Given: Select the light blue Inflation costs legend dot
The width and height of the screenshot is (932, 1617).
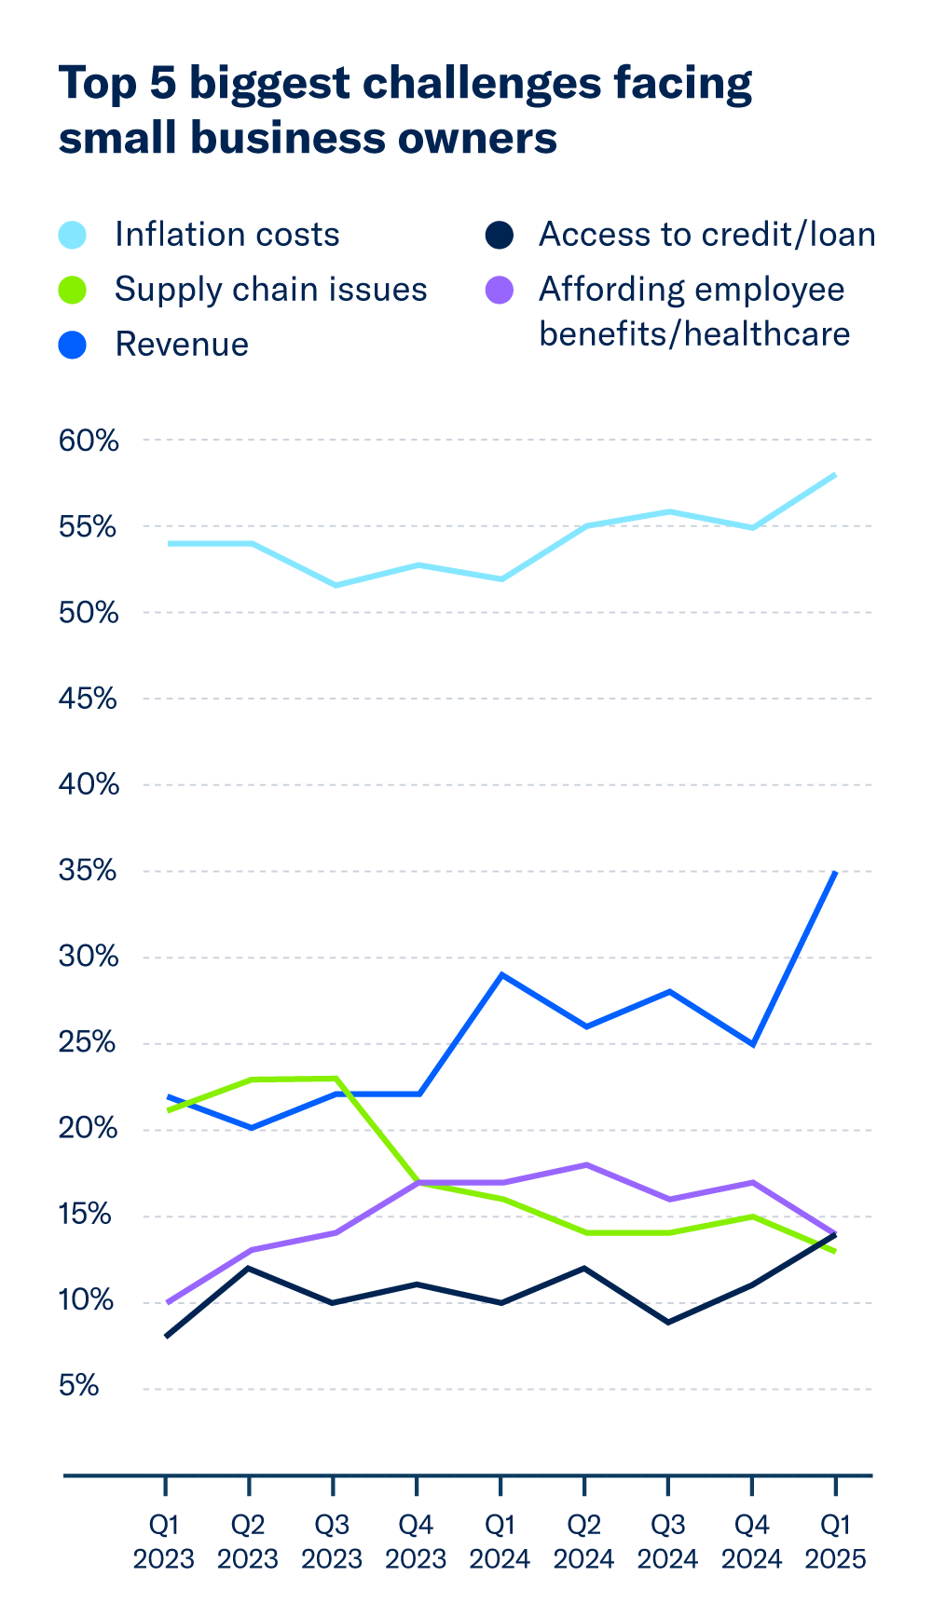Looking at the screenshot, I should [73, 235].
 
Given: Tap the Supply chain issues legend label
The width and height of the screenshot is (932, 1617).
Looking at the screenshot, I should [270, 290].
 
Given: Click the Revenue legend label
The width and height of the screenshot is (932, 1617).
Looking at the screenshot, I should [182, 345].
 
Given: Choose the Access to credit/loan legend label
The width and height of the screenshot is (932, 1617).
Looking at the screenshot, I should [706, 235].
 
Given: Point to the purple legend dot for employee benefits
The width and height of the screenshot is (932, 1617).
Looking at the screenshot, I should [500, 290].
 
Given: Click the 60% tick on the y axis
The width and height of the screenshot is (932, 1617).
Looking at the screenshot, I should [89, 441].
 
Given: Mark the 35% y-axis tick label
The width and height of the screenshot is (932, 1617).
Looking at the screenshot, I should [89, 871].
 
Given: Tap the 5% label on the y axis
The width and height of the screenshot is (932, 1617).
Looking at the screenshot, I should [79, 1386].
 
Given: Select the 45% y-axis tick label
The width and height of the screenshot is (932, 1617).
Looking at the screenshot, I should [89, 699].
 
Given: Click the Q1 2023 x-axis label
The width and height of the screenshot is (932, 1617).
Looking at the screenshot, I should [164, 1542].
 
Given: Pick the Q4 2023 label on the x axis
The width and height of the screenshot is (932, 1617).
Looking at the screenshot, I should [416, 1542].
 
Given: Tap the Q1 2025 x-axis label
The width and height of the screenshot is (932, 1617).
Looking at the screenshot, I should [835, 1542].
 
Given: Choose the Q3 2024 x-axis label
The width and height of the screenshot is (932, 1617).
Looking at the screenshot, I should [667, 1542].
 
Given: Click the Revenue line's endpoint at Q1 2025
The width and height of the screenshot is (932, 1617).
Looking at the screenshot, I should [835, 873].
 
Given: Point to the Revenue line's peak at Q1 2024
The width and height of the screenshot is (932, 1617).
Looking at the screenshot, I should [501, 974].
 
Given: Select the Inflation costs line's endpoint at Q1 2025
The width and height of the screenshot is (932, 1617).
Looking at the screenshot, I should [835, 475].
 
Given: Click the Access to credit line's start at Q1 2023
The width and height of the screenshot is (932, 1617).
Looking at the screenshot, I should [166, 1336].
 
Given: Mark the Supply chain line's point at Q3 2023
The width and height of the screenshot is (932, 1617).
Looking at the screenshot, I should [335, 1079].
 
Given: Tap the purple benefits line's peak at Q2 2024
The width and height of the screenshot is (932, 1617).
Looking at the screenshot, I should [585, 1164].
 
